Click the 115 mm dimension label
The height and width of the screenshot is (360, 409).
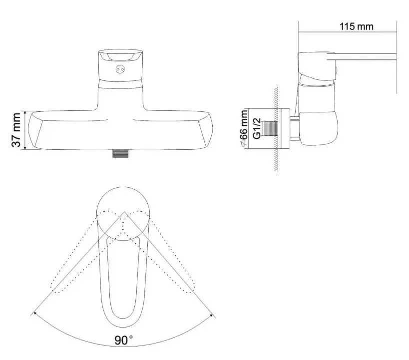[357, 26]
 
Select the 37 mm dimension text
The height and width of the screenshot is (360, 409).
[16, 129]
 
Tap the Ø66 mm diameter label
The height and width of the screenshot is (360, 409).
[244, 129]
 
